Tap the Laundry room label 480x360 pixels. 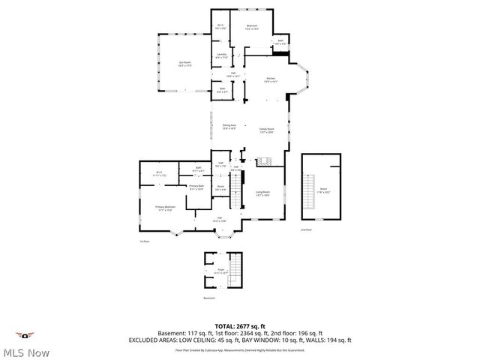221,55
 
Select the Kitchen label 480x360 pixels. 271,79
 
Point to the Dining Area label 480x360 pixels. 229,126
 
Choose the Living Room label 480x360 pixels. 262,193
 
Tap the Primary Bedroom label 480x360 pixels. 164,208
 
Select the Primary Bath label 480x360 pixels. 196,187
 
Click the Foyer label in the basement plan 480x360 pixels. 221,270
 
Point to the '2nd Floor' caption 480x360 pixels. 305,229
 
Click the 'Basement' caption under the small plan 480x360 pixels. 209,298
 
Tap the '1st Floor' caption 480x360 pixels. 144,241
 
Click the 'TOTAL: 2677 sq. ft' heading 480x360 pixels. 239,326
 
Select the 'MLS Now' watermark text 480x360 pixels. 26,352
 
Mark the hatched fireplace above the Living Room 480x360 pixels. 263,161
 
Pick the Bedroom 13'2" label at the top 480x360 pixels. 253,28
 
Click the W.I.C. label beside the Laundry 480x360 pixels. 221,27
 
